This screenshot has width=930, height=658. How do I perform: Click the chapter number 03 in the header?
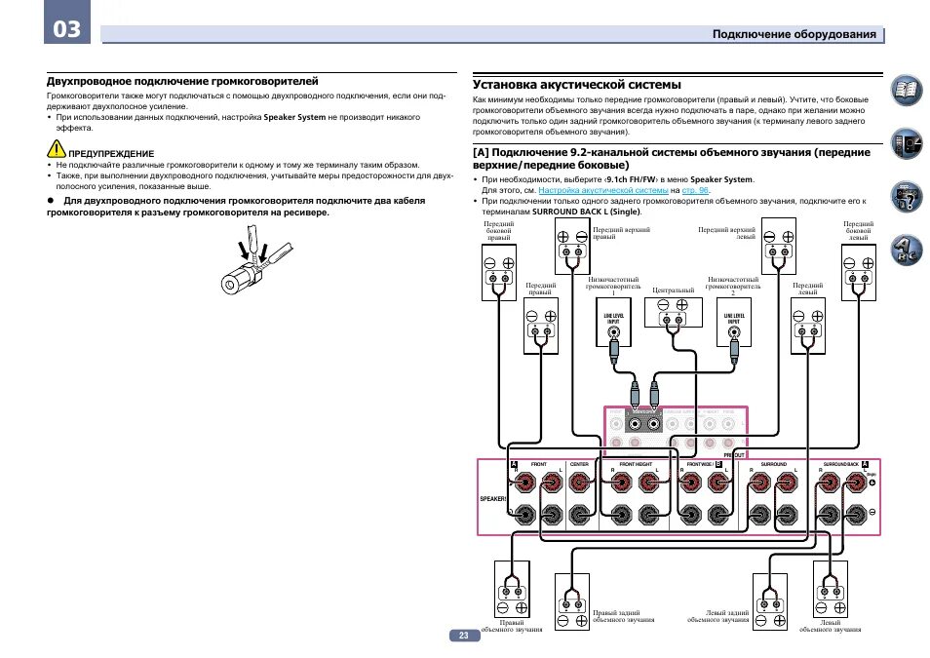tap(67, 28)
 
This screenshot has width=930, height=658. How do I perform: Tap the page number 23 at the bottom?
tap(464, 636)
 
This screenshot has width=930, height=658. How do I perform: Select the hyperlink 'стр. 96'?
tap(695, 191)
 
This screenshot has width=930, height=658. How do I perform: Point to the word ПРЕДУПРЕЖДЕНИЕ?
tap(111, 154)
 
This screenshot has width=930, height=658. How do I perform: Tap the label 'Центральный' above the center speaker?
tap(673, 290)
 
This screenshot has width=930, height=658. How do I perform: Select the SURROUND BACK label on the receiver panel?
tap(839, 464)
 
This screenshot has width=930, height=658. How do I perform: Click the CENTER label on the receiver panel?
tap(578, 464)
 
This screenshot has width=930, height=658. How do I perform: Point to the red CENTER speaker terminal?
tap(578, 482)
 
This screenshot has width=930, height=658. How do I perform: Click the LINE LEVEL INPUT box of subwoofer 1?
tap(613, 324)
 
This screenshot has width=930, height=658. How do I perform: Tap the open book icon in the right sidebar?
tap(906, 92)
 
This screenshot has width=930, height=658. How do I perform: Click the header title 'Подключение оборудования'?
tap(794, 34)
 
